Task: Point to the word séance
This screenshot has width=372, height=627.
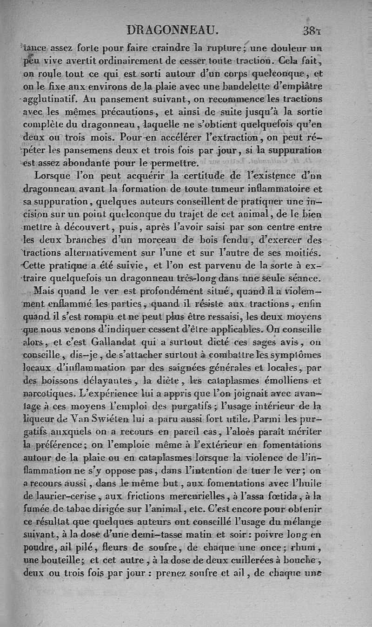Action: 303,278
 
